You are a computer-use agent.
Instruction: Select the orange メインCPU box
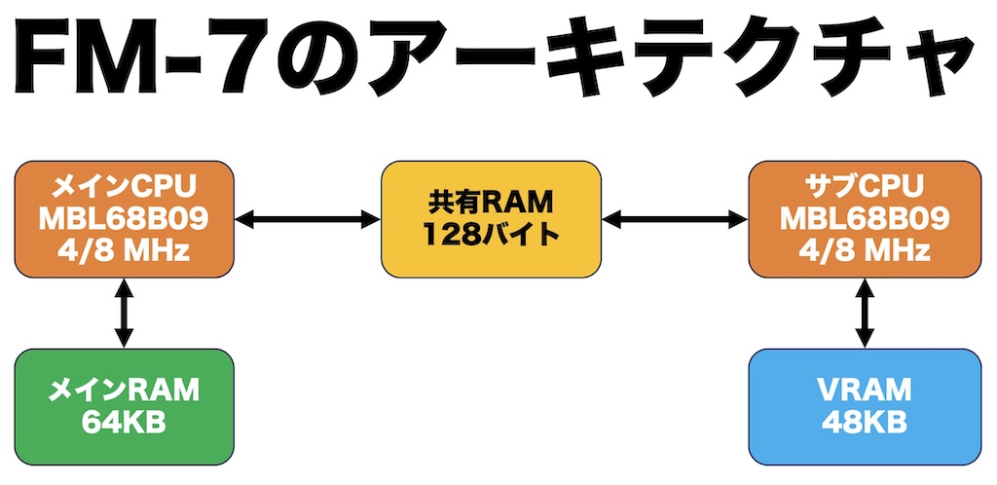[x=124, y=219]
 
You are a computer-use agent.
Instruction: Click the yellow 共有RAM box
[x=490, y=219]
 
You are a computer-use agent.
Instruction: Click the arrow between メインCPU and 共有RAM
[x=308, y=220]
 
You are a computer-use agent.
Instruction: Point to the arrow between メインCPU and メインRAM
[x=124, y=313]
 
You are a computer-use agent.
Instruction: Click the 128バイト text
[x=490, y=235]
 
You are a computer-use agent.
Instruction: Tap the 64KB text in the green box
[x=124, y=422]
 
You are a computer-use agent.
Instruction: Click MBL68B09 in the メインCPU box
[x=124, y=220]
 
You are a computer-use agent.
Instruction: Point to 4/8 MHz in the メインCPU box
[x=124, y=249]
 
